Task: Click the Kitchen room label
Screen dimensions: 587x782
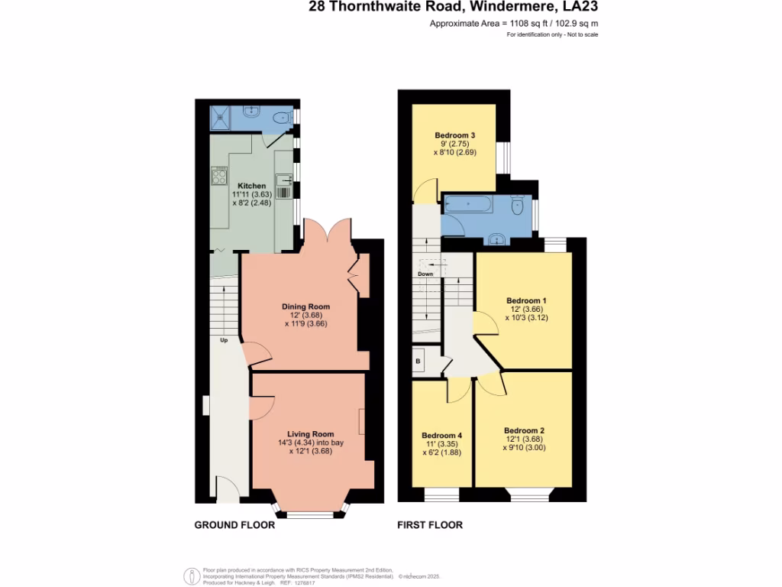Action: point(251,186)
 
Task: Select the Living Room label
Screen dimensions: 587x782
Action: point(311,434)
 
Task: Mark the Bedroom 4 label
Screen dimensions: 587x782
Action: point(442,436)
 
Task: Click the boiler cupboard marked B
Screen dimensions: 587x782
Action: point(418,361)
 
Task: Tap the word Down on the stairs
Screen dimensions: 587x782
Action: point(425,274)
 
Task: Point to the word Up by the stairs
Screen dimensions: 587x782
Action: point(224,340)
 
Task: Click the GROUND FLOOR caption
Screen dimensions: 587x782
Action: point(234,525)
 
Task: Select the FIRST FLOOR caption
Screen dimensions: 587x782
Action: point(430,525)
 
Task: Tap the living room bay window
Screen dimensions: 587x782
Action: point(311,514)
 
